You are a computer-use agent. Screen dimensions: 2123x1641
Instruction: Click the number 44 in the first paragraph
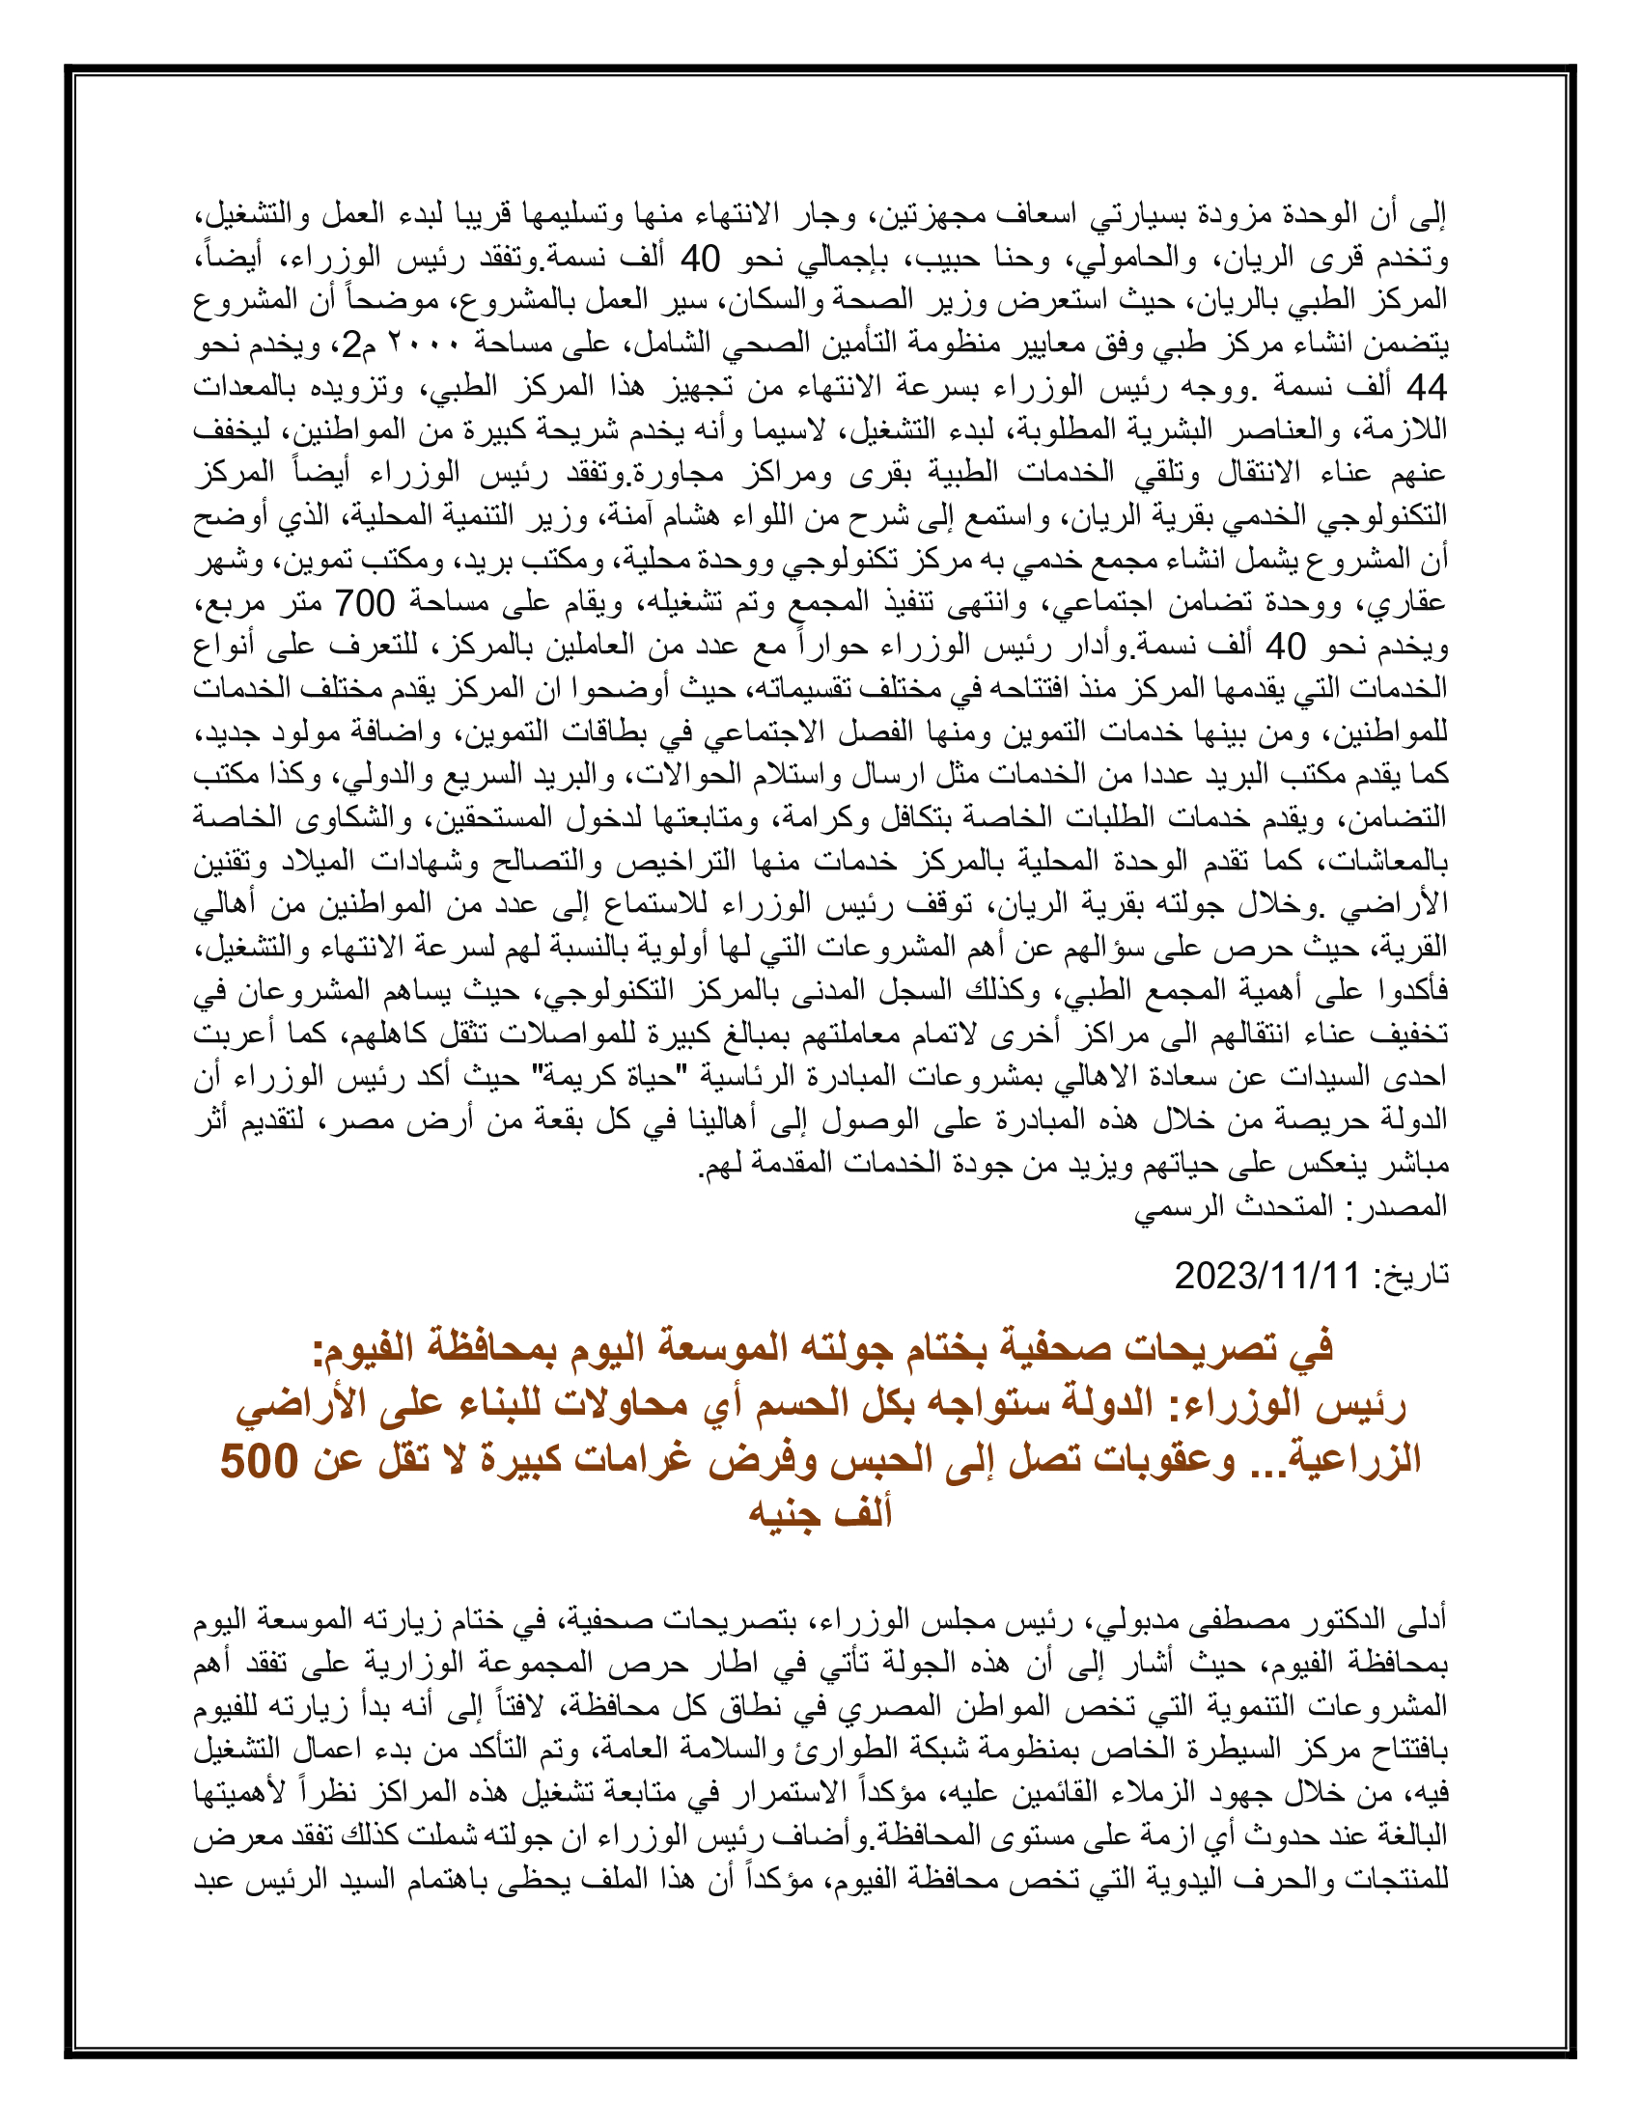[x=1426, y=388]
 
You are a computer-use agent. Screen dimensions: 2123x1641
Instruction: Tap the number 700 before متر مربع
[x=365, y=603]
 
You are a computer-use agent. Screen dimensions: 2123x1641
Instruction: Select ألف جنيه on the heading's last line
[x=820, y=1513]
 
